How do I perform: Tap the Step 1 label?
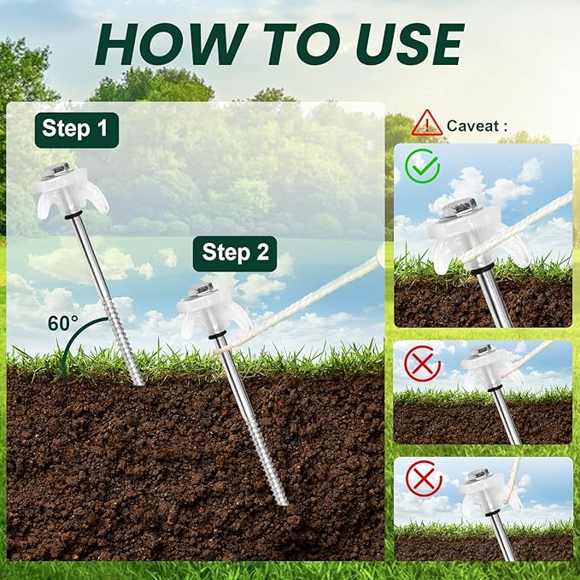click(x=76, y=131)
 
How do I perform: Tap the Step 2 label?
click(x=235, y=253)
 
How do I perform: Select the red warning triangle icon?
click(x=426, y=124)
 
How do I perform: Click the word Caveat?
click(x=475, y=126)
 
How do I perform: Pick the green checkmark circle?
click(x=422, y=166)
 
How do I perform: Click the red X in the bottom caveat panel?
click(x=422, y=478)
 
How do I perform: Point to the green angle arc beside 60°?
click(x=59, y=358)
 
